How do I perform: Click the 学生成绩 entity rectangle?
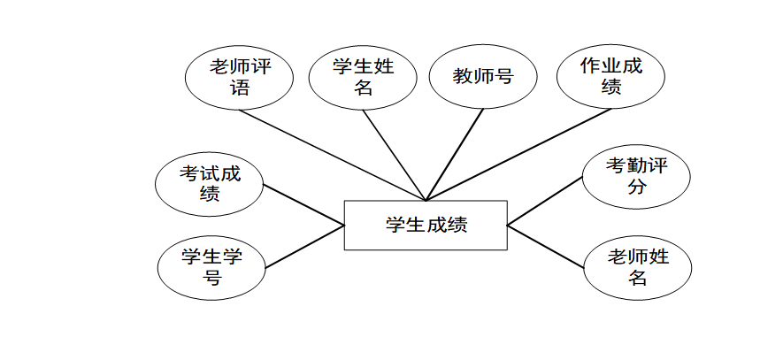click(426, 226)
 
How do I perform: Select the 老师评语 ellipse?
click(240, 77)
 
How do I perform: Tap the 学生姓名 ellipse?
click(363, 77)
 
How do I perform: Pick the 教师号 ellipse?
click(483, 77)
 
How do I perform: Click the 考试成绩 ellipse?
click(210, 184)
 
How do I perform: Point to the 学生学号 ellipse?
click(211, 267)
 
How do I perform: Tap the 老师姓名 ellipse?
click(638, 267)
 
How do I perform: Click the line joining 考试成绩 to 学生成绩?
click(303, 205)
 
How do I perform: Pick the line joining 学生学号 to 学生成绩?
click(303, 247)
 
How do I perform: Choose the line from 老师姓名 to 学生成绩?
click(546, 247)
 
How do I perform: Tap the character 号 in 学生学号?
click(211, 278)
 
